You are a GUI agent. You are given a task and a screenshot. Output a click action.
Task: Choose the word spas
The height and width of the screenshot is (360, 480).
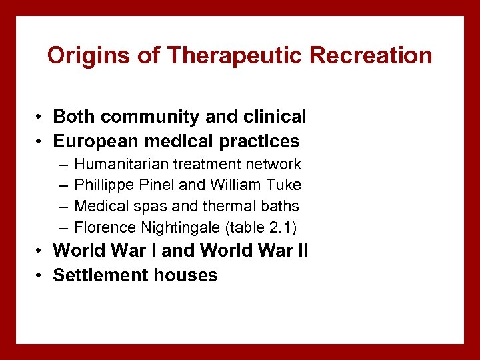[x=151, y=207]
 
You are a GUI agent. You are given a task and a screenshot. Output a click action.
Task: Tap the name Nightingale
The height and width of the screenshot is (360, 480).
[x=181, y=228]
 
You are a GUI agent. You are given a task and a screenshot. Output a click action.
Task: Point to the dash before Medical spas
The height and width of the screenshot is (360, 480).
[x=62, y=207]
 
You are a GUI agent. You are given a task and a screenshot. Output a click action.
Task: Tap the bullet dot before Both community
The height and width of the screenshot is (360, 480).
[x=41, y=117]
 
